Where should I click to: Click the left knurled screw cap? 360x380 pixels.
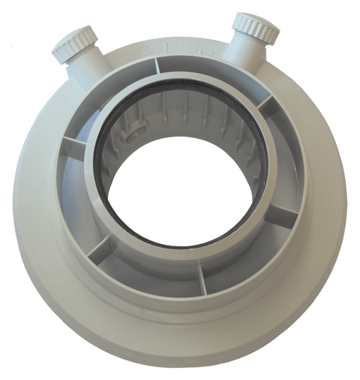point(73,44)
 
